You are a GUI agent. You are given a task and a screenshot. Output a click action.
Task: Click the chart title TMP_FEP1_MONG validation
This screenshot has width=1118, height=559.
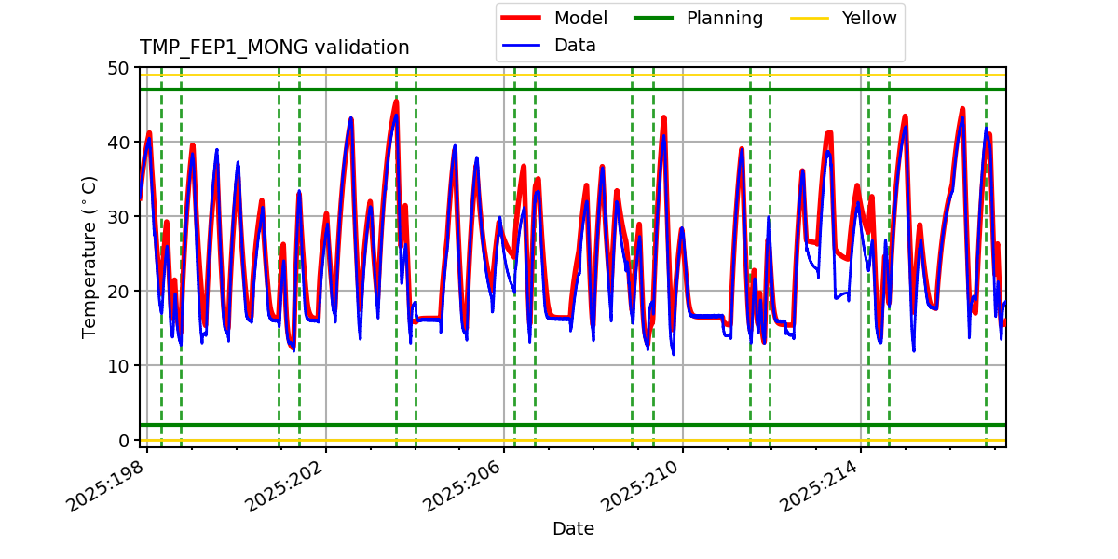click(274, 48)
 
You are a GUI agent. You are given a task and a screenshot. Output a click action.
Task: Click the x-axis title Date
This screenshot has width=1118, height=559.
click(573, 529)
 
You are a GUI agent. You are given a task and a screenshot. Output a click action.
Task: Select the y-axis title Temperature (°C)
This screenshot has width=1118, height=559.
click(89, 256)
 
